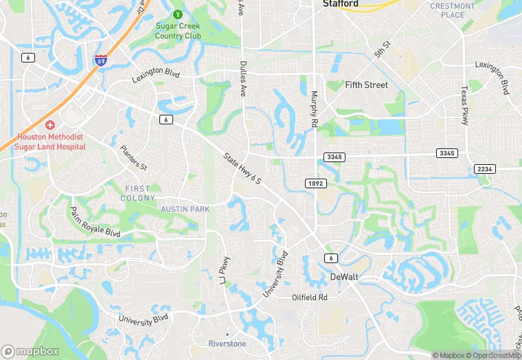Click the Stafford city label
click(x=340, y=4)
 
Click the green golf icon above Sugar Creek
click(x=177, y=14)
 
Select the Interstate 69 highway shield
click(x=100, y=60)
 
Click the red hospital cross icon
click(x=49, y=125)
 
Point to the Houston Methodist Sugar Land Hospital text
click(x=50, y=142)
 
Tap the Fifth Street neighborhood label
click(x=366, y=85)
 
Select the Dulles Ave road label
click(x=242, y=78)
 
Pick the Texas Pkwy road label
click(x=464, y=105)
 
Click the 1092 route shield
click(x=315, y=183)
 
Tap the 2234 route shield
click(x=484, y=169)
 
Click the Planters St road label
click(x=133, y=157)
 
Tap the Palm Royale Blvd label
click(x=95, y=222)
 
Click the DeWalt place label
click(x=345, y=277)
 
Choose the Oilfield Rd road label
click(x=310, y=297)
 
